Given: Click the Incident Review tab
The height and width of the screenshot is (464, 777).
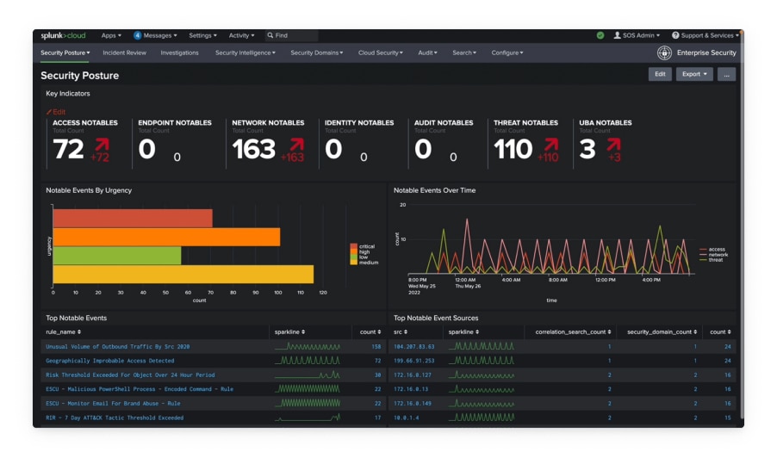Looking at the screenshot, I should [124, 53].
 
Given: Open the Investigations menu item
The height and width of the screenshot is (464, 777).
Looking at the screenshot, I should [179, 53].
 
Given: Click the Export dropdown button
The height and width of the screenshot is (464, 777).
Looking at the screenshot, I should [693, 74].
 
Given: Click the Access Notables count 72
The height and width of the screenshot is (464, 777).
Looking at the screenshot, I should [69, 150].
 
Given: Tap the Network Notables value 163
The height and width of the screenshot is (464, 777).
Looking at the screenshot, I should [253, 150].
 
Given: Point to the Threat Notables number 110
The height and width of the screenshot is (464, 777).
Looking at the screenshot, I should [513, 150].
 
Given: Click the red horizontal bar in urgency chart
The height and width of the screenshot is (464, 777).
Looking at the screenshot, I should [133, 219].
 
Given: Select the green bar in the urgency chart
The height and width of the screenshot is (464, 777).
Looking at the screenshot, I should [117, 256].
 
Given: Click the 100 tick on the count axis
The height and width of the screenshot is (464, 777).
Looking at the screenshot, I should [277, 293].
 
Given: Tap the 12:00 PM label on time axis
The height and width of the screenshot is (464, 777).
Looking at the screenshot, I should [606, 280].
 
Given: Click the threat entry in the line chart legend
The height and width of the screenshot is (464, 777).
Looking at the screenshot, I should [714, 260].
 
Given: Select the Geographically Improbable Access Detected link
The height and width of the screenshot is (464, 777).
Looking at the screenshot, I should [109, 361].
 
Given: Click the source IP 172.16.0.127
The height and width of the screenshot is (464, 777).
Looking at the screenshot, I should [413, 375].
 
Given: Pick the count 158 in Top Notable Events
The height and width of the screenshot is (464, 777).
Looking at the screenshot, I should [376, 347].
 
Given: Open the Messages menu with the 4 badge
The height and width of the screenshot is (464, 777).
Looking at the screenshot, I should [155, 35].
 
